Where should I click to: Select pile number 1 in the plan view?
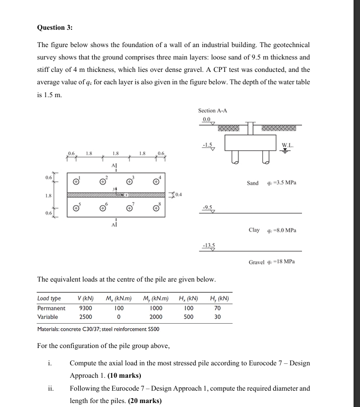[77, 182]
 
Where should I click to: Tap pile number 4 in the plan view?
[156, 182]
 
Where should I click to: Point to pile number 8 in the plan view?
[156, 210]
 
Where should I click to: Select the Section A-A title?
[212, 111]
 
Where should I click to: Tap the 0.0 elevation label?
[207, 119]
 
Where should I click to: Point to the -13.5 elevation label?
[207, 245]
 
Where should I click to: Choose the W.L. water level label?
[288, 145]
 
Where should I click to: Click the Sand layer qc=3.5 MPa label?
[271, 183]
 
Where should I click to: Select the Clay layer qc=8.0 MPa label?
[272, 230]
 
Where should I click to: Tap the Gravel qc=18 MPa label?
[271, 262]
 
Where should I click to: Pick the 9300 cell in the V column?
[85, 308]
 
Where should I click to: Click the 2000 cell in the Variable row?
[156, 317]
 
